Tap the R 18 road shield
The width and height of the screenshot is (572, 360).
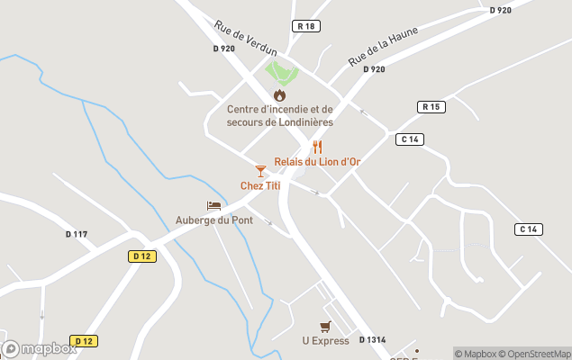click(306, 26)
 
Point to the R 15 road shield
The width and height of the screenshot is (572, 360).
click(432, 107)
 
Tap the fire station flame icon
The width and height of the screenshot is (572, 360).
click(280, 94)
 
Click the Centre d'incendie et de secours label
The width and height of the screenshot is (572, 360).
click(280, 116)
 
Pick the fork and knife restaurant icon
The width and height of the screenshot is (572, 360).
click(317, 147)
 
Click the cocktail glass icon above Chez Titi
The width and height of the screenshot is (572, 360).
click(260, 171)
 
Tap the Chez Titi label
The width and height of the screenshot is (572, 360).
click(260, 185)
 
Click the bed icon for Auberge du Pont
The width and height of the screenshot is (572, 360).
click(213, 206)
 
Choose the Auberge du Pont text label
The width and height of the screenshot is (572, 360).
click(213, 220)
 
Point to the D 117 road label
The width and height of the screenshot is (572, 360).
click(77, 235)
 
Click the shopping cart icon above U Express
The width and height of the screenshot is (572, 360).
click(325, 327)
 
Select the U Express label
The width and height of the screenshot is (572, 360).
click(325, 341)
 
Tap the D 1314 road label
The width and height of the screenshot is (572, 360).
click(372, 339)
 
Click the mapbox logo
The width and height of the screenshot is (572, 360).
click(40, 348)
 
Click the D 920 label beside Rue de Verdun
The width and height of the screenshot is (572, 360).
click(223, 49)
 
